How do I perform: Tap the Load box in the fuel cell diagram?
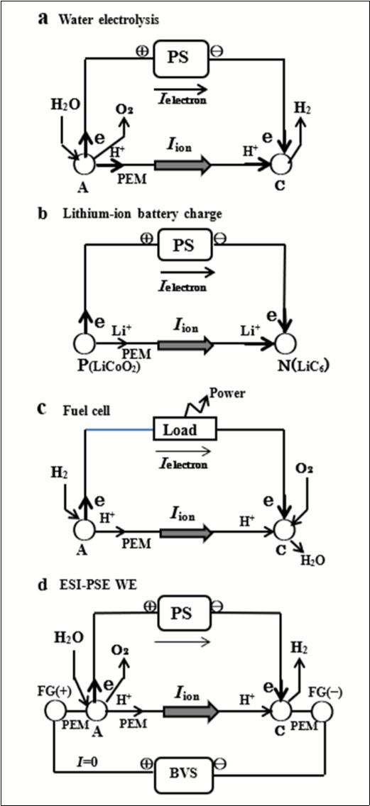point(185,431)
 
